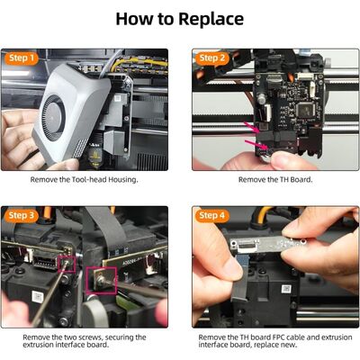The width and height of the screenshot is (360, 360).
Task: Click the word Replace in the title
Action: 211,19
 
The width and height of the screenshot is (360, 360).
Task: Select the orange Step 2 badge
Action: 213,58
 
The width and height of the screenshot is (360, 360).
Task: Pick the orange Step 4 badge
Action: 213,216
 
